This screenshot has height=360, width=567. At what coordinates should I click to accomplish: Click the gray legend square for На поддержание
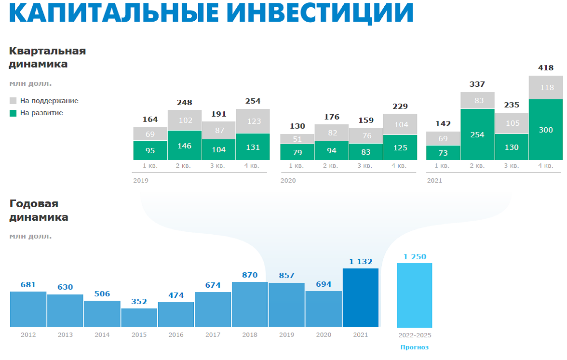[x=13, y=101]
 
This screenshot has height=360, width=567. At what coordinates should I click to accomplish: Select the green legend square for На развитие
[x=13, y=113]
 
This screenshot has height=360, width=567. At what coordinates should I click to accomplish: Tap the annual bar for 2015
[x=139, y=318]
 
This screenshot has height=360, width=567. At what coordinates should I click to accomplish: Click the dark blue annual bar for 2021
[x=361, y=298]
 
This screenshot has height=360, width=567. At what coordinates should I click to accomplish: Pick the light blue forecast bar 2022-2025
[x=415, y=295]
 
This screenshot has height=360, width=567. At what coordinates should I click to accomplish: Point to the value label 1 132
[x=361, y=262]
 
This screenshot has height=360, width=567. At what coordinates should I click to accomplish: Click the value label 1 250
[x=415, y=257]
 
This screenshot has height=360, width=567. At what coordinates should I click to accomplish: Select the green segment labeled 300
[x=546, y=130]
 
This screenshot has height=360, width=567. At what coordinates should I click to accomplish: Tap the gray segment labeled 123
[x=253, y=121]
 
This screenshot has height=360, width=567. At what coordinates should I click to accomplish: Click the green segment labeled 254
[x=477, y=134]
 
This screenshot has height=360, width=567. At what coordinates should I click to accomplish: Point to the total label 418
[x=546, y=68]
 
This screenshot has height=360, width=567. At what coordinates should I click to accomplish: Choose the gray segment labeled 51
[x=297, y=139]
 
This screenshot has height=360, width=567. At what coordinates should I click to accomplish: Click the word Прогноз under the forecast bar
[x=415, y=347]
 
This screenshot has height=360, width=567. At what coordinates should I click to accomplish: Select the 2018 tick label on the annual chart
[x=250, y=335]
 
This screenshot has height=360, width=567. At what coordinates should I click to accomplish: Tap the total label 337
[x=477, y=84]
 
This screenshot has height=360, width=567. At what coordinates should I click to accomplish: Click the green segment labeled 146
[x=185, y=145]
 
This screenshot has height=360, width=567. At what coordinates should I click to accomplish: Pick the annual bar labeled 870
[x=250, y=305]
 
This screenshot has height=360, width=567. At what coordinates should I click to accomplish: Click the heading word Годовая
[x=34, y=204]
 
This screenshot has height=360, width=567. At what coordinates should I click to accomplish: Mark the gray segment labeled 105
[x=512, y=123]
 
